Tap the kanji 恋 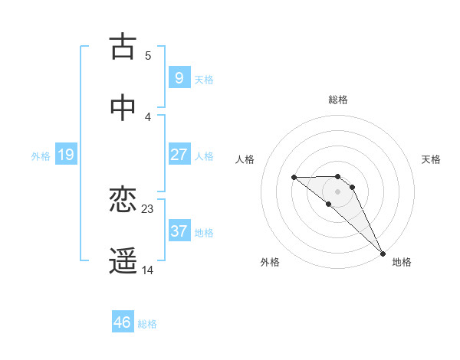coord(123,201)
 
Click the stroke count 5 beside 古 coord(148,55)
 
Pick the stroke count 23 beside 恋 coord(148,208)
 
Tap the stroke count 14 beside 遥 coord(148,270)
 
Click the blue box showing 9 coord(179,77)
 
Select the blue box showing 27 coord(179,154)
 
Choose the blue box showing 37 coord(179,231)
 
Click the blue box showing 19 coord(65,155)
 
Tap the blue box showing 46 coord(122,322)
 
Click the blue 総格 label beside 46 coord(147,324)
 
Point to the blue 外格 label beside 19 coord(41,156)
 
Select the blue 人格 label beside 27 coord(204,155)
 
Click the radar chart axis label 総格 coord(337,100)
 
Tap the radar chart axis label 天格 coord(431,159)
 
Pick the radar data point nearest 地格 coord(383,253)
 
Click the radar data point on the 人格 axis coord(294,178)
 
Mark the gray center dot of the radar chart coord(337,191)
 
